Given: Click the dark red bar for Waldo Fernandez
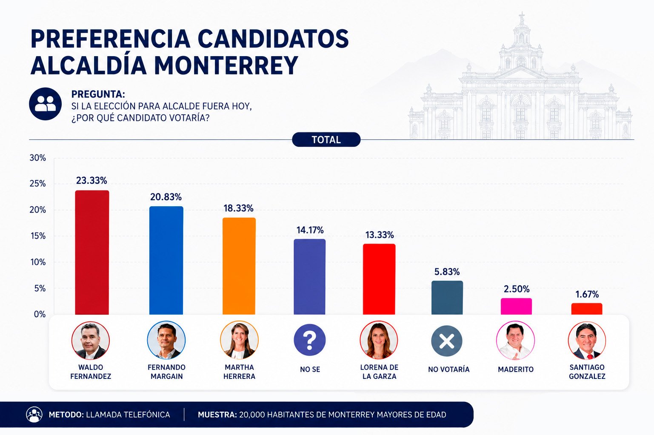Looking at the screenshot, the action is pos(92,252).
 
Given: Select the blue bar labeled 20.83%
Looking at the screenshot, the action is pos(166,260).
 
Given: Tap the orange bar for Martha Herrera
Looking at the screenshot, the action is pos(239,266).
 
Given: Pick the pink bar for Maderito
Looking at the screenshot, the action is pos(516,306).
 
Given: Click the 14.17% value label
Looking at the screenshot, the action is pos(310,230).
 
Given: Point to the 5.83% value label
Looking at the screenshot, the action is pos(447,272).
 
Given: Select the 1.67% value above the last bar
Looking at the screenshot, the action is pos(587,294).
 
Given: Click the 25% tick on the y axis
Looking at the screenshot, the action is pos(38,184).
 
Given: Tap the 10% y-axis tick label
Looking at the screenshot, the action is pos(38,262).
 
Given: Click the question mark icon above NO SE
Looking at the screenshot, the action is pos(309,340).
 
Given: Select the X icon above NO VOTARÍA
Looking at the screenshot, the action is pos(447,341).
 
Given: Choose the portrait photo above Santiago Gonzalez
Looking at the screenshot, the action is pos(587,341).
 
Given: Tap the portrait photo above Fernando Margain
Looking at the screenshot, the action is pos(166,340).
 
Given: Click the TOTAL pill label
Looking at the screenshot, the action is pos(326,140).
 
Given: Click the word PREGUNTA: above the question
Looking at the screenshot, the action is pos(98,94).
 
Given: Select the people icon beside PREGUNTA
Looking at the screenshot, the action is pos(45,104).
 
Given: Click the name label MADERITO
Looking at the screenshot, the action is pos(516,370).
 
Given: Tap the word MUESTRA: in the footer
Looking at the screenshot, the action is pos(217,415).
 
